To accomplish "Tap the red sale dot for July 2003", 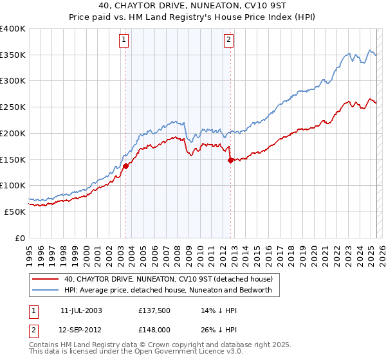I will (125, 166).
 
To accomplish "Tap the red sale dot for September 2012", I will (230, 161).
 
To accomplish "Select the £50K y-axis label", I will (15, 212).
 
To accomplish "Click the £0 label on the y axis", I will (20, 238).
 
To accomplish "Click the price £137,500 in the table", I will (154, 310).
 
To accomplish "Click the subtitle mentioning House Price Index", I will (193, 18).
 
